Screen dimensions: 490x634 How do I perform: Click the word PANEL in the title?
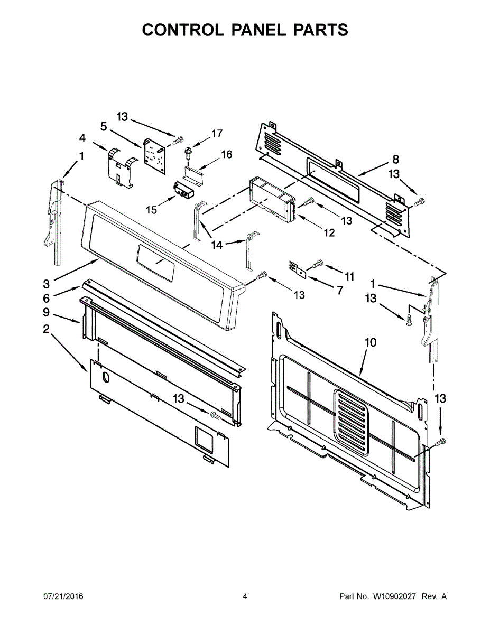(258, 30)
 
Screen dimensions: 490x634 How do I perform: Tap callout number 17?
(217, 134)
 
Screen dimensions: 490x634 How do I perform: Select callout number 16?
(226, 154)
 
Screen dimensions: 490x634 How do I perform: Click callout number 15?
(152, 210)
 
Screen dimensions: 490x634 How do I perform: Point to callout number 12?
(329, 232)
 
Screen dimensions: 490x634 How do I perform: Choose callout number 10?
(371, 342)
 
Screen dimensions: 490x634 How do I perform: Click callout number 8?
(395, 160)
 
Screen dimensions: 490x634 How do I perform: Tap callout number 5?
(104, 127)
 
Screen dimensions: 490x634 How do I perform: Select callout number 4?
(82, 138)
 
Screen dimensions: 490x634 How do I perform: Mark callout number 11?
(349, 276)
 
